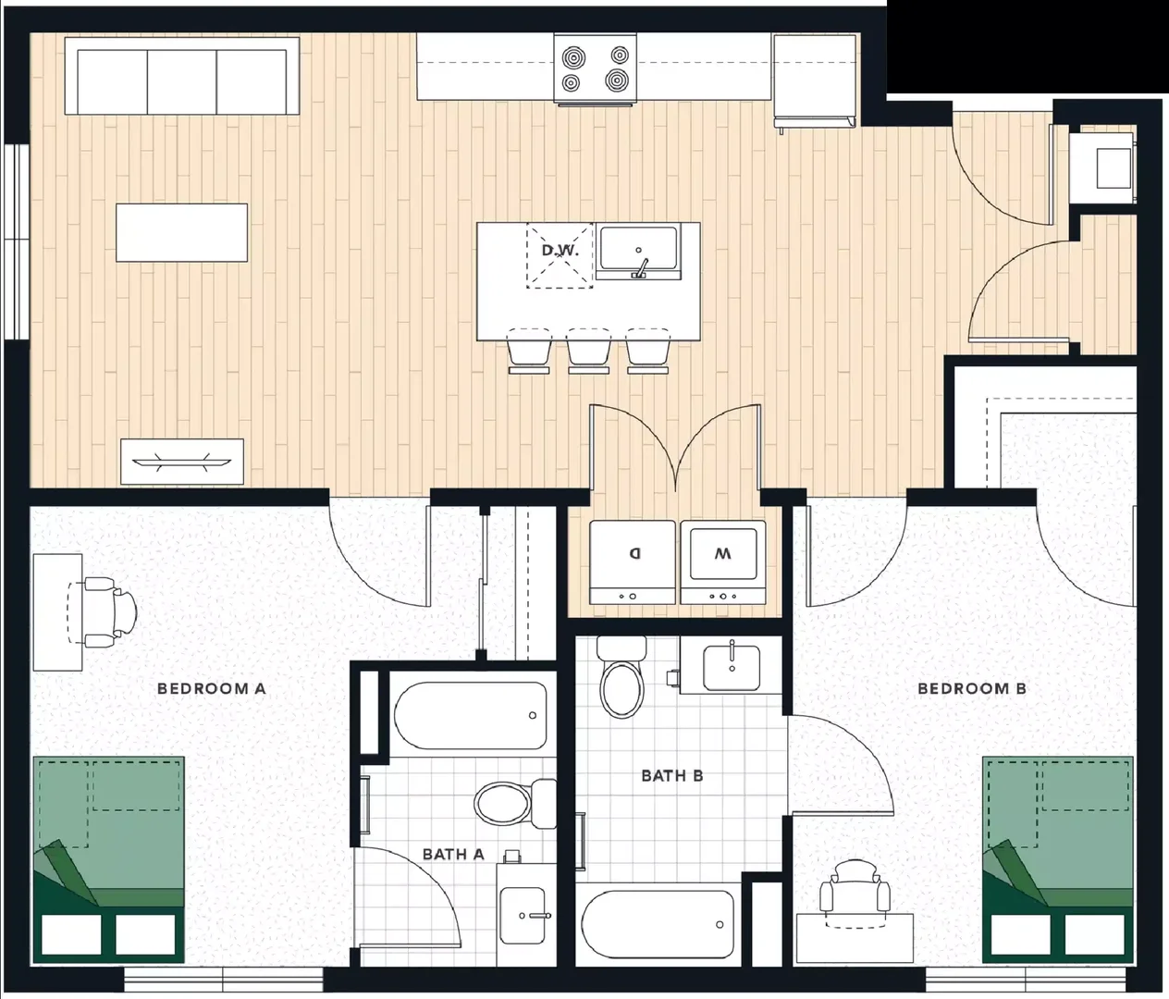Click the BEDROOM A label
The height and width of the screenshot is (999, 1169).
tap(211, 689)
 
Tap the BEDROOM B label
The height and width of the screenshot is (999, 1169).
tap(972, 689)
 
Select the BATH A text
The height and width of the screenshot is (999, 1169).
tap(453, 854)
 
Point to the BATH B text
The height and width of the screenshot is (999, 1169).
tap(671, 775)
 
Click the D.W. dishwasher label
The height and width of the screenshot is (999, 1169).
tap(560, 251)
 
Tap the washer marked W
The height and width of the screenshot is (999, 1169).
tap(723, 562)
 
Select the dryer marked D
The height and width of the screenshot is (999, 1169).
tap(633, 562)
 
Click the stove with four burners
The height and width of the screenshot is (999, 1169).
tap(596, 69)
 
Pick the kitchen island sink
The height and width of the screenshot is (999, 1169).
tap(638, 252)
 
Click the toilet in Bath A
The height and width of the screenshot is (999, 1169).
tap(514, 803)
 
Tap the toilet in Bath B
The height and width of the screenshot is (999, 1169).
tap(621, 676)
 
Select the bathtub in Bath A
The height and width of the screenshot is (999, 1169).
tap(471, 716)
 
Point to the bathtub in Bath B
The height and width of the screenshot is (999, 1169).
tap(658, 925)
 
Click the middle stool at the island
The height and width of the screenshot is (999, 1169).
tap(588, 351)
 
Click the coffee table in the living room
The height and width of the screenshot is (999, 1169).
tap(181, 232)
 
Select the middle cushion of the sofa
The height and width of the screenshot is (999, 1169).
tap(181, 81)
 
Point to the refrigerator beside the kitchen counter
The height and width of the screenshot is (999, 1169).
tap(815, 80)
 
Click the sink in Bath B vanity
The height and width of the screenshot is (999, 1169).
tap(732, 668)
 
